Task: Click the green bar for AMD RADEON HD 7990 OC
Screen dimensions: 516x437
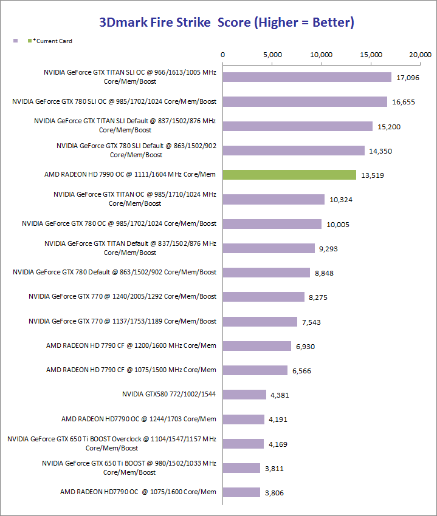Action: pos(289,175)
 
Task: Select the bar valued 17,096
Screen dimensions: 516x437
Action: pos(307,77)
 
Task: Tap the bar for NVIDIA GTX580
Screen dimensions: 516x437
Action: pos(244,395)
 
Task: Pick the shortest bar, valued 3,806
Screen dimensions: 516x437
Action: pos(241,492)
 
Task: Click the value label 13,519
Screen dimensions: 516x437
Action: pos(372,175)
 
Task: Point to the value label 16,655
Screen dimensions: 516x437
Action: pos(404,102)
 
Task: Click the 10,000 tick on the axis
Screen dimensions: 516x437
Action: pos(322,55)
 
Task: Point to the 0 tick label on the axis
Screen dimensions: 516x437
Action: pos(223,55)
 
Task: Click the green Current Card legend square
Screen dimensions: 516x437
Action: pos(30,41)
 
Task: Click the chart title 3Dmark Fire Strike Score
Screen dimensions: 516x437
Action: pos(227,23)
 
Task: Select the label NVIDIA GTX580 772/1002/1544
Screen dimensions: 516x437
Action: pos(169,394)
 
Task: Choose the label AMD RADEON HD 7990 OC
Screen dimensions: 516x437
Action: pos(130,174)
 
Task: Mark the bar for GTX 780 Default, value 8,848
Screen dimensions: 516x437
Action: pos(266,273)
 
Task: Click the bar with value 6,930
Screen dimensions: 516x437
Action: pos(257,346)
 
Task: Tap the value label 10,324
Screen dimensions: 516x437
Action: pos(340,200)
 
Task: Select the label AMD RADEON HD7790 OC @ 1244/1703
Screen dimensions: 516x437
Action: pos(139,418)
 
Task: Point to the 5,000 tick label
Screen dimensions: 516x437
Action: pos(272,55)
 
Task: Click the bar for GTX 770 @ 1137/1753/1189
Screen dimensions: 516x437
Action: pos(260,322)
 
